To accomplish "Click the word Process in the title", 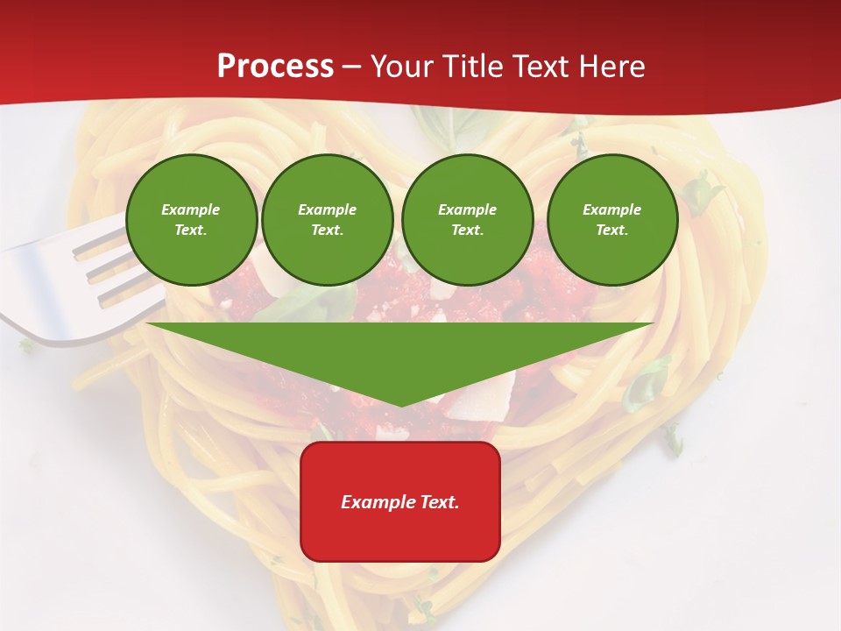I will [275, 67].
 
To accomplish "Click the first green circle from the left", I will [191, 219].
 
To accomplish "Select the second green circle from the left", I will [327, 219].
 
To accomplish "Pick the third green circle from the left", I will [467, 219].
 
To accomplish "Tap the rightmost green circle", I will [611, 219].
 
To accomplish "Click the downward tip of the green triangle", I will [400, 403].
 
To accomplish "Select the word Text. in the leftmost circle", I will [191, 230].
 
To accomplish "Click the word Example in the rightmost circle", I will [611, 209].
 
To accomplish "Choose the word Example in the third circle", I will [467, 209].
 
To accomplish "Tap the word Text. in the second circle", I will [327, 230].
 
